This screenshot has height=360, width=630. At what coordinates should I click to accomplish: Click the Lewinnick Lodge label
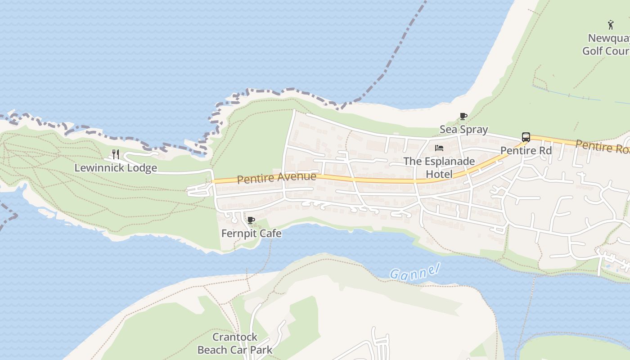click(116, 168)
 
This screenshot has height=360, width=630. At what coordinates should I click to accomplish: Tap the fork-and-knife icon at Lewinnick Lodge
click(116, 154)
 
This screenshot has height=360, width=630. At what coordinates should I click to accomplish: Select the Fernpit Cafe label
click(251, 234)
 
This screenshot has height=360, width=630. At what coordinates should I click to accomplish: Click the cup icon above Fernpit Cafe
click(251, 220)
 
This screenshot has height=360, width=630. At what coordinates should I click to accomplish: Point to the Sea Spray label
click(463, 130)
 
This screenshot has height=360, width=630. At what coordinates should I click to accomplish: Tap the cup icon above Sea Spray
click(463, 117)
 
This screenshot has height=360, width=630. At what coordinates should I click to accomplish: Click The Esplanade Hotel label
click(439, 167)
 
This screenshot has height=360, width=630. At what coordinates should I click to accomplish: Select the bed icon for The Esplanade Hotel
click(439, 148)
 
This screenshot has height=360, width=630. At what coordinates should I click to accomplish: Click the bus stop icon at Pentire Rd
click(526, 137)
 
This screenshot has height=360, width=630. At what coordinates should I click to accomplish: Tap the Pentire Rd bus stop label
click(526, 151)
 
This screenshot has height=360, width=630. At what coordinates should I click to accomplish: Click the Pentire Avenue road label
click(276, 178)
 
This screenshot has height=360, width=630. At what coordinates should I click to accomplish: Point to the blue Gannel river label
click(414, 271)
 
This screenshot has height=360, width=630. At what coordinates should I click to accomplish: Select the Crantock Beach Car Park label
click(235, 343)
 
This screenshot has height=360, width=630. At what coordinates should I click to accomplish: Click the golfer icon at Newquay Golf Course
click(611, 24)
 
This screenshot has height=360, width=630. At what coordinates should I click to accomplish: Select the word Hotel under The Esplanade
click(439, 174)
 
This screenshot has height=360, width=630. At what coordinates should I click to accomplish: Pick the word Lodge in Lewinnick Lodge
click(142, 168)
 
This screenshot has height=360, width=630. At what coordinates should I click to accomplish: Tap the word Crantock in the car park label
click(235, 337)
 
